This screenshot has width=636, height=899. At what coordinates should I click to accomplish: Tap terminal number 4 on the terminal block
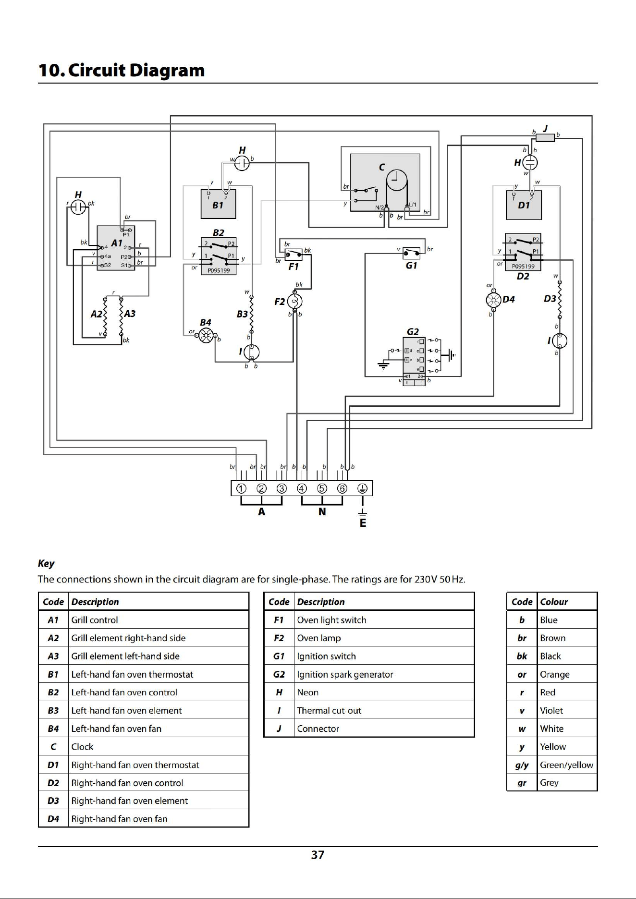[x=302, y=488]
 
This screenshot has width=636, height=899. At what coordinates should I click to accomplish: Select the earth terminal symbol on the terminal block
[x=362, y=488]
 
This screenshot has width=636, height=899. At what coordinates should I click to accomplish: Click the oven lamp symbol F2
[x=294, y=302]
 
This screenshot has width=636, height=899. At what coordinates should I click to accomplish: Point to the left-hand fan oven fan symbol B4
[x=206, y=336]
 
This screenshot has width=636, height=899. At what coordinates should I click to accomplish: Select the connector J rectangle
[x=545, y=138]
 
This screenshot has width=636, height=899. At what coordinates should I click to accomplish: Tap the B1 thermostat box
[x=218, y=204]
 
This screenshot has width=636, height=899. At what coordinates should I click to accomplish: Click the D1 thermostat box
[x=524, y=205]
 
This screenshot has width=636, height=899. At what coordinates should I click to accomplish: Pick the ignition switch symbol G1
[x=412, y=253]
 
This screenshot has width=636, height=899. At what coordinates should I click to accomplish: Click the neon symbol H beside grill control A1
[x=78, y=207]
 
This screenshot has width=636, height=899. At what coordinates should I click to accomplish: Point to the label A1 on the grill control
[x=117, y=243]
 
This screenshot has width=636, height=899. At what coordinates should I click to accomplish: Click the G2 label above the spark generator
[x=413, y=331]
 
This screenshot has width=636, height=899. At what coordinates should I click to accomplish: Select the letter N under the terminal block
[x=322, y=512]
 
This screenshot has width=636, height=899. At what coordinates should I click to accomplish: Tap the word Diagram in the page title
[x=167, y=70]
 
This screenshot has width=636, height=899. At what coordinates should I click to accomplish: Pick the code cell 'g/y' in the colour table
[x=522, y=765]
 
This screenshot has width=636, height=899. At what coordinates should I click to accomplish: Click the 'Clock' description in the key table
[x=83, y=747]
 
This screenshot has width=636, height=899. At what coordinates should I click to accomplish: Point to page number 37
[x=318, y=855]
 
